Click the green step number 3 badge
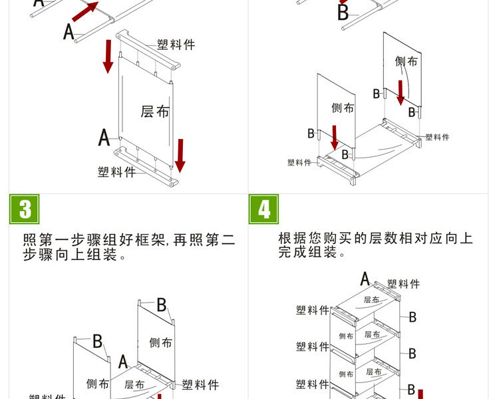(x=25, y=209)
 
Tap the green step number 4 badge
(x=264, y=209)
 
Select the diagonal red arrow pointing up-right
(x=83, y=11)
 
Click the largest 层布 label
(x=155, y=111)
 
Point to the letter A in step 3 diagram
(x=123, y=362)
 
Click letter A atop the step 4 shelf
(x=365, y=279)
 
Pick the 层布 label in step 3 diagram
(x=135, y=384)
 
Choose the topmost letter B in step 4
(x=413, y=317)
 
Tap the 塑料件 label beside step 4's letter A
(x=403, y=284)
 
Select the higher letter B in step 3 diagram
(x=161, y=305)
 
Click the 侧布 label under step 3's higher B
(x=160, y=342)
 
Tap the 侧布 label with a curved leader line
(x=406, y=62)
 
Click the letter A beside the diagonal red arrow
(x=69, y=31)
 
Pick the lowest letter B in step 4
(x=411, y=389)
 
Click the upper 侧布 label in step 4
(x=346, y=336)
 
